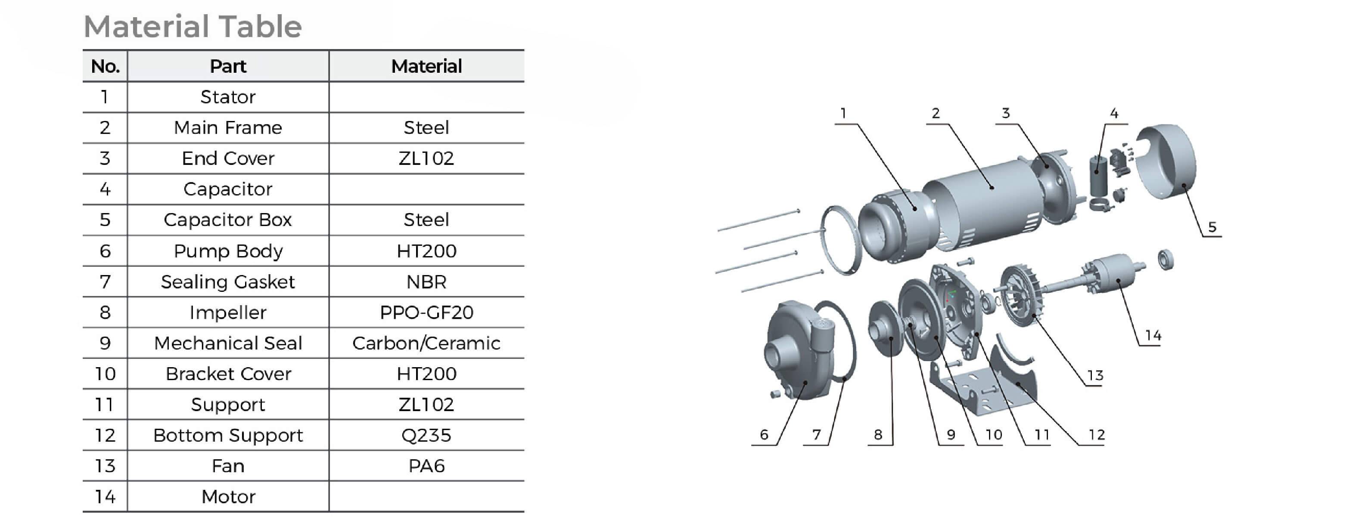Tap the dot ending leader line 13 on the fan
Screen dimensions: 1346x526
point(1034,316)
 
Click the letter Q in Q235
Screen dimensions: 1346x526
point(409,436)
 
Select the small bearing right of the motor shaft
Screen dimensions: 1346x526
point(1166,260)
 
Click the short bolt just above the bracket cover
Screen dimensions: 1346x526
point(964,260)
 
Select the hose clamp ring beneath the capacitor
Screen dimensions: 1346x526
point(1101,205)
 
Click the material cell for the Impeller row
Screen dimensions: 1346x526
point(426,313)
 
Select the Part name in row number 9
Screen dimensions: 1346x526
point(228,343)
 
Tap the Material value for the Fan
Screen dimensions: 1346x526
point(426,466)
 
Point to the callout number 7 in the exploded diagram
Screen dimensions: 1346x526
point(817,435)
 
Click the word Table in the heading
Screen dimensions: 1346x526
point(260,27)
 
